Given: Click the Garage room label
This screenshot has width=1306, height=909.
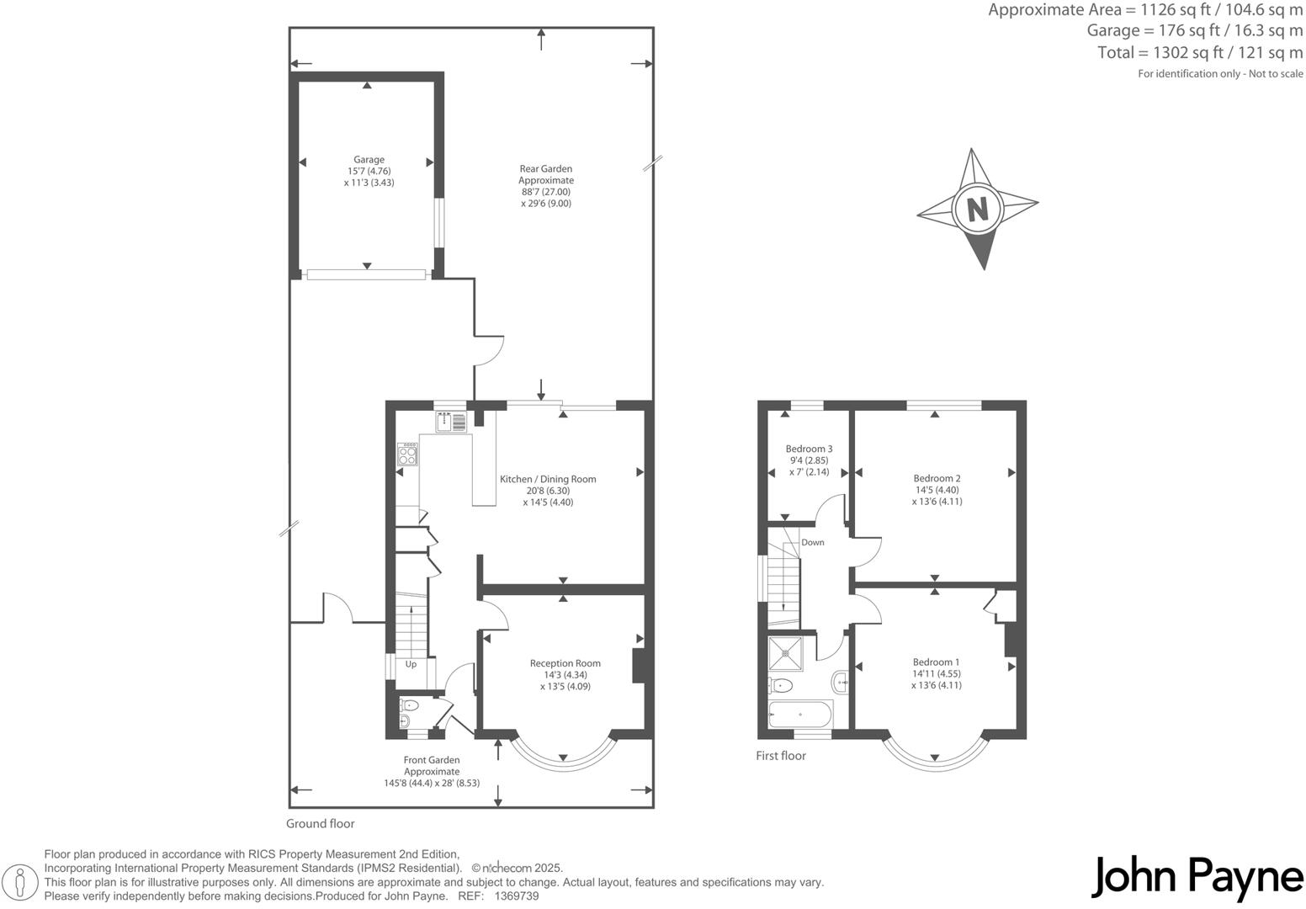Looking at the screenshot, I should click(x=369, y=160).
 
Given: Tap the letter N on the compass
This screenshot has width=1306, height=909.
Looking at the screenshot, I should click(x=977, y=208).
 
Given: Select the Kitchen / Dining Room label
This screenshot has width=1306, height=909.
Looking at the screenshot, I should click(x=548, y=479).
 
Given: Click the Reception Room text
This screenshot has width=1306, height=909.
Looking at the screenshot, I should click(x=565, y=663).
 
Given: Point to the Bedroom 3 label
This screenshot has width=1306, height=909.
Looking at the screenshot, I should click(x=809, y=449).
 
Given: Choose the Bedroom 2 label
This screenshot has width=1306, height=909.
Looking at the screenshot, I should click(x=937, y=478).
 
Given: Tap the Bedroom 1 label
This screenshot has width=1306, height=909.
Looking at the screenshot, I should click(x=936, y=662).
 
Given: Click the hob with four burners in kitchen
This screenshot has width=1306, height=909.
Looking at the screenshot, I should click(x=407, y=454).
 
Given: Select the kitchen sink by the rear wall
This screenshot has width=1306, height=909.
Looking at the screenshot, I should click(x=451, y=421).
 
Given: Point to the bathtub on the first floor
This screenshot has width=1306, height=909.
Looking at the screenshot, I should click(x=800, y=715).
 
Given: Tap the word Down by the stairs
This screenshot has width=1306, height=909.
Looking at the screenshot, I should click(x=813, y=543).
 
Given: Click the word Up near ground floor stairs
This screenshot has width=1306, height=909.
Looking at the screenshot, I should click(x=411, y=664).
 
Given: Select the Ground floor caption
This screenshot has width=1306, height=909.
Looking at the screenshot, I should click(x=321, y=824).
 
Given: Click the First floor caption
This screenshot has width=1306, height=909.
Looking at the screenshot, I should click(x=780, y=756).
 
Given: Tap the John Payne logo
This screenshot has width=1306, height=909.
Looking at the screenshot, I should click(x=1197, y=878).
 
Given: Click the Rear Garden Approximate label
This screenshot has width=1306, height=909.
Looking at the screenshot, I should click(x=546, y=174).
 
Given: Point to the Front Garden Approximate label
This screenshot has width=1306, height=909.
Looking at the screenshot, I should click(x=432, y=765).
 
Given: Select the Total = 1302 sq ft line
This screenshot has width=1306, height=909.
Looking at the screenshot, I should click(x=1199, y=52).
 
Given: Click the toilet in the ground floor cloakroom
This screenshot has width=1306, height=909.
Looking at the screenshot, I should click(x=409, y=705).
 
